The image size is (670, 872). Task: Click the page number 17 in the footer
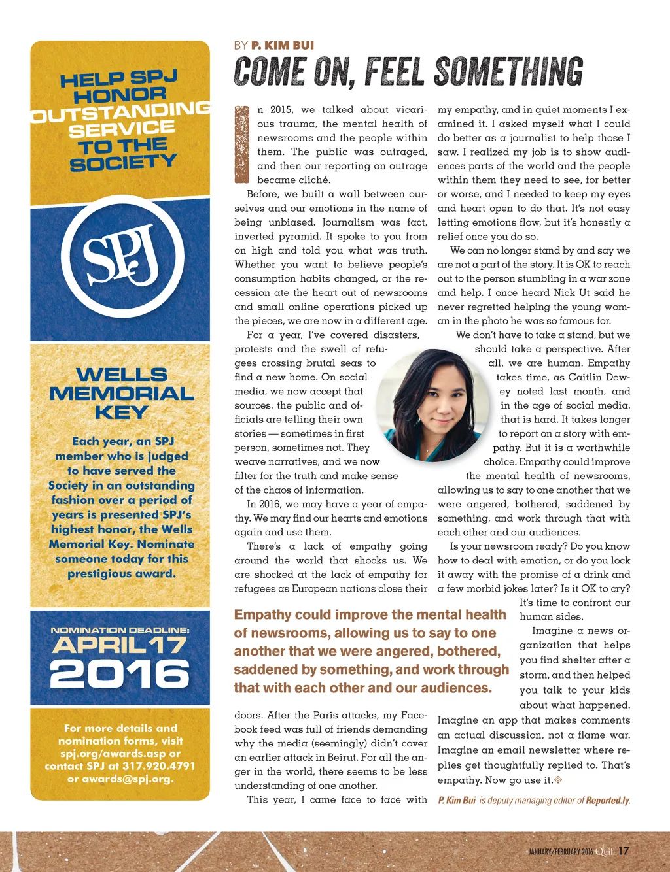point(624,850)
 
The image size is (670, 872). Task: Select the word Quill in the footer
point(605,851)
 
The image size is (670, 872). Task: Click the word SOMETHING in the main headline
point(508,71)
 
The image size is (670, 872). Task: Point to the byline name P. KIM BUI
point(283,45)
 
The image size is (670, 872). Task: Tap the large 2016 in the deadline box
point(120,673)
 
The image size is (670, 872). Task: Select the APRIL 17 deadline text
point(120,646)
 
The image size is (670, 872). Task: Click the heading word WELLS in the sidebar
point(122,375)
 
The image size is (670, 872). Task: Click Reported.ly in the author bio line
point(607,801)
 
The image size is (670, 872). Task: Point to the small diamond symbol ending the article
point(558,780)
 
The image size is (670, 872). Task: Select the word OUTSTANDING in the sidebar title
point(121,110)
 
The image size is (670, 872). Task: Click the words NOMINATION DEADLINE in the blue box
point(120,630)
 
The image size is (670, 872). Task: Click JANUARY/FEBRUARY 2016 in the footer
point(560,852)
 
